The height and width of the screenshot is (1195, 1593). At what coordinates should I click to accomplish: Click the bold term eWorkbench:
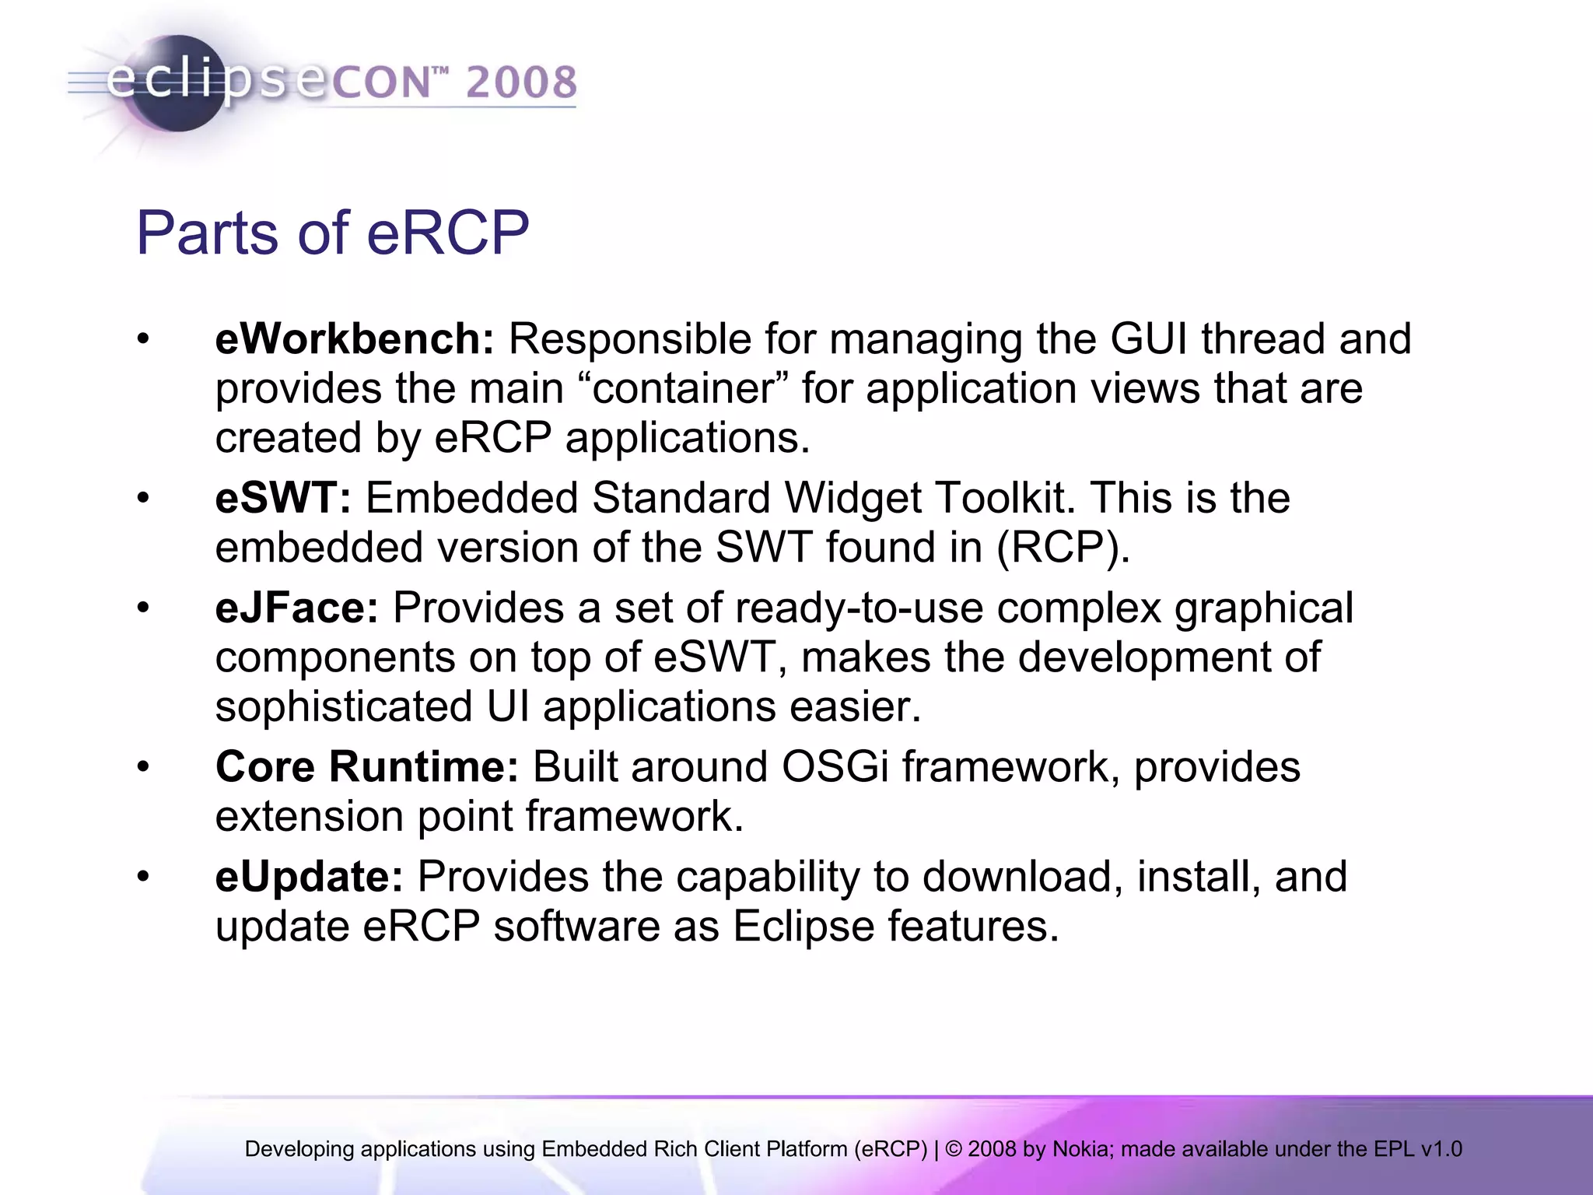tap(354, 339)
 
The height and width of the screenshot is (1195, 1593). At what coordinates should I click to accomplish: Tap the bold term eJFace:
tap(296, 608)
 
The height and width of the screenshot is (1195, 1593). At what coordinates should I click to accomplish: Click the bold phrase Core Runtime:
tap(366, 766)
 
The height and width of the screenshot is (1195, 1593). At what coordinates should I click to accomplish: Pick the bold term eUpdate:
tap(309, 877)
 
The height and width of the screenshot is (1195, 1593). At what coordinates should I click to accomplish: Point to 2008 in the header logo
tap(521, 82)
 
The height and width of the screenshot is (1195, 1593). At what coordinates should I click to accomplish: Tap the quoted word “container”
tap(684, 388)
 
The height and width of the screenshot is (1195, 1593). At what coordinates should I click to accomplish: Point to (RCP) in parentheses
tap(1063, 548)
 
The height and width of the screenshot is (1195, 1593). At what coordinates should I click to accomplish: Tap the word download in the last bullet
tap(1022, 877)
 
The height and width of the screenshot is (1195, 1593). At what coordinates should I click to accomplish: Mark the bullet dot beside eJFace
tap(142, 608)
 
